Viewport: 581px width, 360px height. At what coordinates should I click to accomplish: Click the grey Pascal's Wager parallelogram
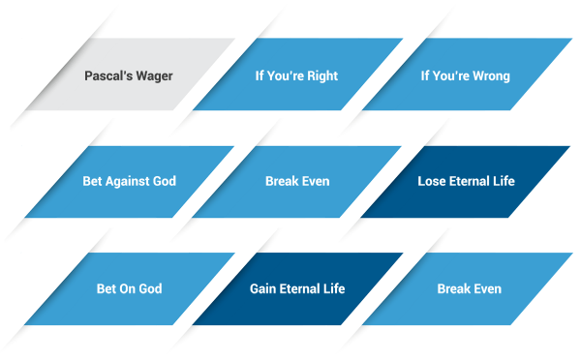tap(129, 75)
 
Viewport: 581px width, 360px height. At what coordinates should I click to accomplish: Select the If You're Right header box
tap(297, 75)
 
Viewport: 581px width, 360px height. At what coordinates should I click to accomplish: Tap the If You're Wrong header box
tap(465, 75)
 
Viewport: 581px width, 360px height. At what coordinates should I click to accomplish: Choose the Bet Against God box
tap(129, 181)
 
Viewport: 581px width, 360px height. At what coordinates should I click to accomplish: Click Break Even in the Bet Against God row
tap(297, 181)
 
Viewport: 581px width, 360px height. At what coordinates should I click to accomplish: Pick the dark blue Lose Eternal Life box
tap(466, 181)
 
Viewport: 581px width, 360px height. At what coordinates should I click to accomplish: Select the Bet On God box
tap(129, 288)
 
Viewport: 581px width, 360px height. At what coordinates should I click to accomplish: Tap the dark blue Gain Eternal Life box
tap(297, 288)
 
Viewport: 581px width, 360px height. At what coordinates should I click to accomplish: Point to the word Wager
tap(153, 75)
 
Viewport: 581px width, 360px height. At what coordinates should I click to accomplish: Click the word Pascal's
tap(107, 75)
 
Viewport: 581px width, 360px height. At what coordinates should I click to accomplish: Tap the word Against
tap(129, 182)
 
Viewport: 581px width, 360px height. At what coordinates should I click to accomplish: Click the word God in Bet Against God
tap(165, 181)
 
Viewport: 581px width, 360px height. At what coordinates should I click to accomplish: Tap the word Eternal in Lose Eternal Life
tap(472, 181)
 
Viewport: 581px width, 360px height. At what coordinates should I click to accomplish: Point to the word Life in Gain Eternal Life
tap(332, 288)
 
